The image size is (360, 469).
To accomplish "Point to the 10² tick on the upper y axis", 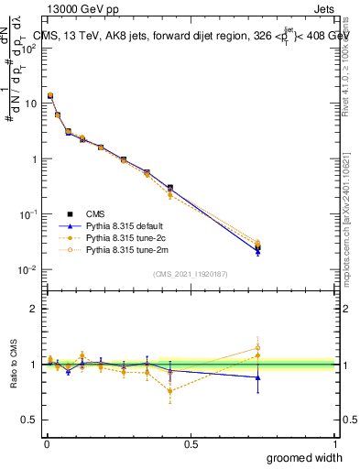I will [31, 49].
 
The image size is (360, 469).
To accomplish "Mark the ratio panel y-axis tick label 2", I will [37, 309].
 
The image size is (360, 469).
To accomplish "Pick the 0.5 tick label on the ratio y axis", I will [33, 420].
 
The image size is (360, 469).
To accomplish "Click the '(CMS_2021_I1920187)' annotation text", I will [191, 273].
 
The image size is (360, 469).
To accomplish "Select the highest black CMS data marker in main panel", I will [50, 95].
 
